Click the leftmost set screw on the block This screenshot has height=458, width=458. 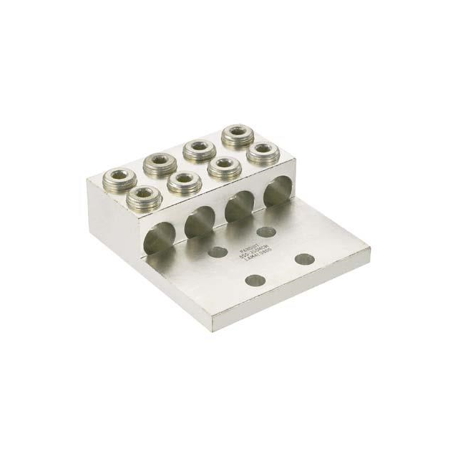click(x=114, y=175)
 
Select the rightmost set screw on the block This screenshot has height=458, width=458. click(x=264, y=152)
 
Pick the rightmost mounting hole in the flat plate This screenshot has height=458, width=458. click(x=305, y=258)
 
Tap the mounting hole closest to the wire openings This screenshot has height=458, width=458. click(x=267, y=231)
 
